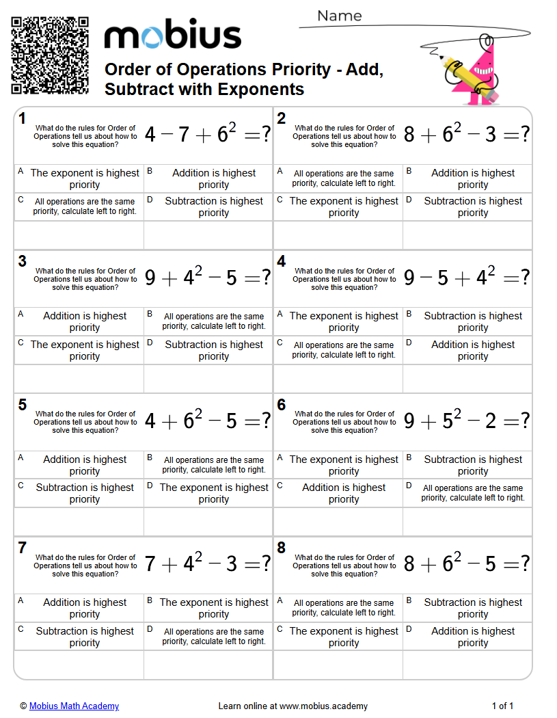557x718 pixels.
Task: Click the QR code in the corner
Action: click(50, 55)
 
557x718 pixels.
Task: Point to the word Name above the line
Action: click(340, 16)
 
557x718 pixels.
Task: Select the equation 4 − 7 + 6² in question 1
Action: click(207, 134)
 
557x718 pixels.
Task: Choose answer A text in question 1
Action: click(85, 179)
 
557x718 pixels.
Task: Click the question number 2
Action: click(282, 119)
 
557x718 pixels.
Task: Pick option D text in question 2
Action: click(473, 207)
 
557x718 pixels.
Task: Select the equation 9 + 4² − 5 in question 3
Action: click(207, 277)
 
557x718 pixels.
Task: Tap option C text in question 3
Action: click(85, 351)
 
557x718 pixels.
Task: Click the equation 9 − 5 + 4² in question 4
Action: click(466, 277)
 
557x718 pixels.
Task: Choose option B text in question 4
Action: click(473, 322)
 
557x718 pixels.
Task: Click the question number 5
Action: click(23, 405)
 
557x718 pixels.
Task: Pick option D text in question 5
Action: click(214, 494)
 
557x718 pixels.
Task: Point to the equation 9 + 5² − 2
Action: click(466, 421)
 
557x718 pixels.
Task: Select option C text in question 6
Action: click(344, 494)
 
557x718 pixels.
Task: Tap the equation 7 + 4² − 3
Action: click(207, 563)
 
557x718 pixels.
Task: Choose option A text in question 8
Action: click(344, 608)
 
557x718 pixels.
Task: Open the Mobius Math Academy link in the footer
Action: click(74, 706)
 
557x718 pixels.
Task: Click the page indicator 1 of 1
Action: click(502, 706)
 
